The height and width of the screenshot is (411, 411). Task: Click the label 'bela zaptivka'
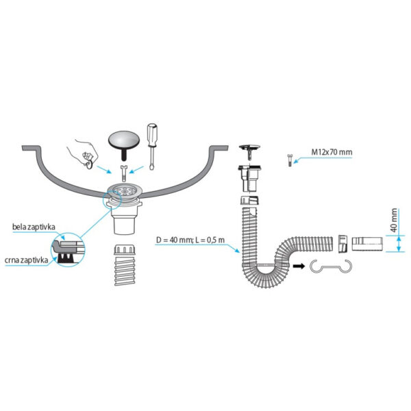[x=34, y=227]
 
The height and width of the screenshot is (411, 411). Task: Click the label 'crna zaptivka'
[x=27, y=260]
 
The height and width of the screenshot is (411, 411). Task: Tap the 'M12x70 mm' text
[x=332, y=152]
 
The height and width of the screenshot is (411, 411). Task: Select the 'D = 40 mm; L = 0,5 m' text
[x=190, y=240]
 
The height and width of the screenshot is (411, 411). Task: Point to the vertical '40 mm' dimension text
[x=394, y=220]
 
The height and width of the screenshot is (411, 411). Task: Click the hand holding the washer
[x=84, y=153]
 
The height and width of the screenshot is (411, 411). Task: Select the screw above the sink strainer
[x=123, y=173]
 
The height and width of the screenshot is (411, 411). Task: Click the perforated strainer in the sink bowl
[x=125, y=191]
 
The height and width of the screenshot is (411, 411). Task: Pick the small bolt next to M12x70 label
[x=289, y=160]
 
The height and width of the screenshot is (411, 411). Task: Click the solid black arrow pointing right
[x=299, y=266]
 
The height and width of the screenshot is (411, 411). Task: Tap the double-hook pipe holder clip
[x=331, y=267]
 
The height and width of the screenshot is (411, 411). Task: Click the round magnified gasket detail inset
[x=68, y=249]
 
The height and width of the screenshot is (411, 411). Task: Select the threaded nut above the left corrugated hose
[x=125, y=250]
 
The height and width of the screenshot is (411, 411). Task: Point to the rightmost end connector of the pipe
[x=367, y=245]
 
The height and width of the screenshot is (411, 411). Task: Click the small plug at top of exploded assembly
[x=249, y=151]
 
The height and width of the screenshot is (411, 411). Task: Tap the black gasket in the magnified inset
[x=66, y=258]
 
